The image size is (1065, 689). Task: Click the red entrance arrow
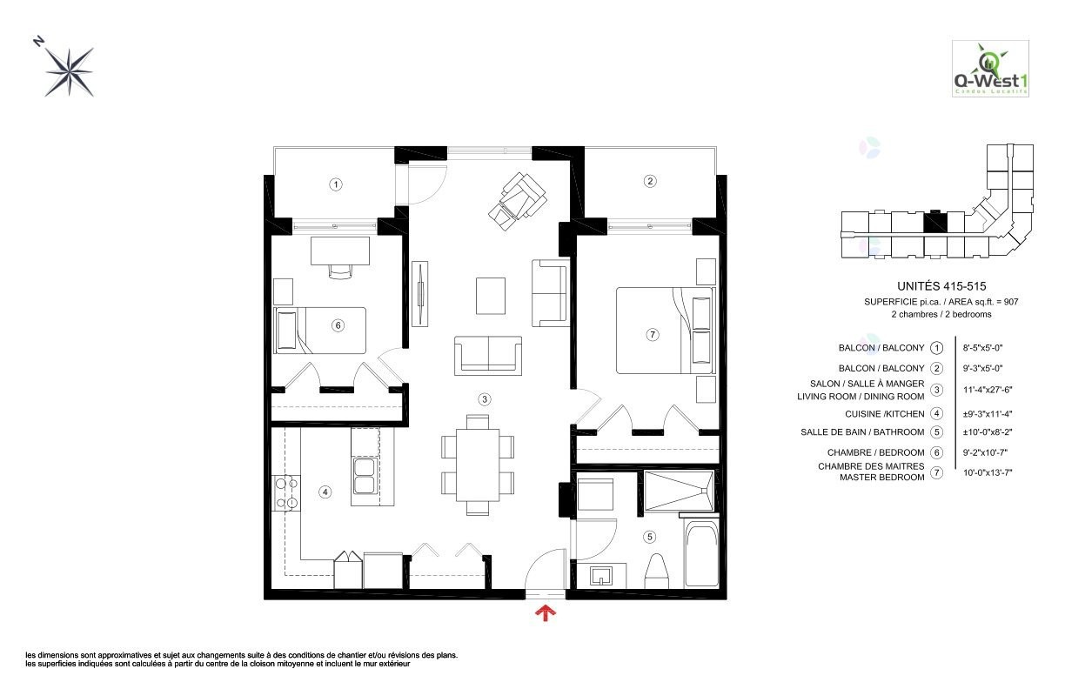[546, 613]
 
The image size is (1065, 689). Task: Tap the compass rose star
[70, 72]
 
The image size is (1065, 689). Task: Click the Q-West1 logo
[990, 69]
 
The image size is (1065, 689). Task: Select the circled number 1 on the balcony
[336, 184]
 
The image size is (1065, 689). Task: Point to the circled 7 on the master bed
[653, 335]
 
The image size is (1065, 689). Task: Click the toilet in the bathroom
[657, 571]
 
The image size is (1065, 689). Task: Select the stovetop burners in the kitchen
[286, 493]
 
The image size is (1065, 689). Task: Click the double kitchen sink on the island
[365, 476]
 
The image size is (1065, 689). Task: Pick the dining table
[478, 465]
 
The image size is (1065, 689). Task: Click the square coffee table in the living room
[491, 296]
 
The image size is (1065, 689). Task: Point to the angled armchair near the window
[518, 202]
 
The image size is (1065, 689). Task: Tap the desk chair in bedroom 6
[340, 271]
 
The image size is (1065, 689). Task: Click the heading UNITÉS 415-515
[941, 286]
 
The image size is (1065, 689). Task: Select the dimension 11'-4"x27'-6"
[988, 390]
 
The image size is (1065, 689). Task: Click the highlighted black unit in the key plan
[935, 222]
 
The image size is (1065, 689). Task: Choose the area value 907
[1011, 302]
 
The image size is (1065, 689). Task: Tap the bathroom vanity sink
[602, 575]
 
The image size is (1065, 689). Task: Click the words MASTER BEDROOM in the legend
[882, 478]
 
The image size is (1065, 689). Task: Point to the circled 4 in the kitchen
[325, 492]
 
